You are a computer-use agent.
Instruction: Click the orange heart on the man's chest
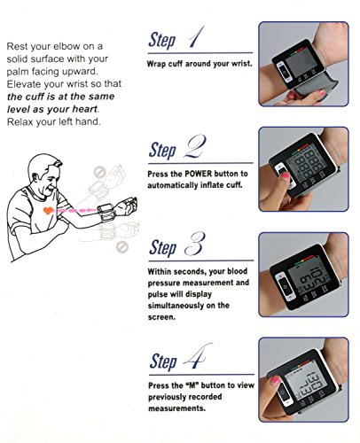[48, 211]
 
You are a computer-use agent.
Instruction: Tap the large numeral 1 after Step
[196, 37]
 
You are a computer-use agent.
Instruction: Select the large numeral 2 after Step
[194, 146]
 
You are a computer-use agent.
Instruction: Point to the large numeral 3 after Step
[195, 244]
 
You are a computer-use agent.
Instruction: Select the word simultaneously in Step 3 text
[176, 306]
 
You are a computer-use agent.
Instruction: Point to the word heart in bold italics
[85, 109]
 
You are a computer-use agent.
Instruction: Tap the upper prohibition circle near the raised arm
[99, 173]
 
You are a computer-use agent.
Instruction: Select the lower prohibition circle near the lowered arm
[121, 246]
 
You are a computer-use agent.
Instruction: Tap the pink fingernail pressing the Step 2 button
[285, 176]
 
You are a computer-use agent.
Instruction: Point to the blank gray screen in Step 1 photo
[301, 64]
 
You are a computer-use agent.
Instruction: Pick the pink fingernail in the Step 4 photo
[275, 380]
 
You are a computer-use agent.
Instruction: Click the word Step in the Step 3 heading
[162, 247]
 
